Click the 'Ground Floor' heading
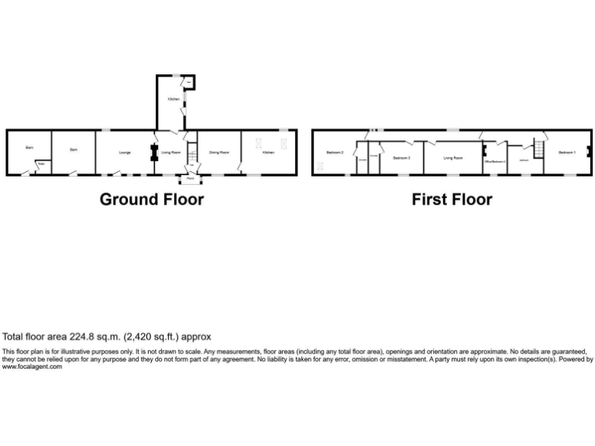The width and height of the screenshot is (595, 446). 152,200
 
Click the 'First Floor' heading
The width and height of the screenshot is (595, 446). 452,200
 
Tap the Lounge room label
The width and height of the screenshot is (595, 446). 124,153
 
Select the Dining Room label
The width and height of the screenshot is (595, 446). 219,153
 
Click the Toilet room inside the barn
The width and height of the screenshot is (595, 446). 40,165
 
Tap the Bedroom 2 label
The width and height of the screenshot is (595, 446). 335,153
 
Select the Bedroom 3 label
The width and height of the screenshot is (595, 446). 401,158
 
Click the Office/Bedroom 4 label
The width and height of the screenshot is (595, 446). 494,161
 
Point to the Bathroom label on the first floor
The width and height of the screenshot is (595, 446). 524,160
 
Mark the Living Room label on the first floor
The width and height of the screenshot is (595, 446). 453,158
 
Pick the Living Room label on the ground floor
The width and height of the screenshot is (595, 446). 170,153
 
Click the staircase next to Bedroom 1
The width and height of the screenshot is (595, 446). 534,147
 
